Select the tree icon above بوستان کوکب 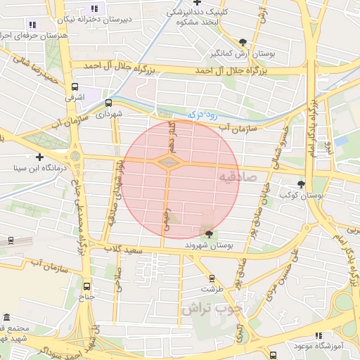point(302,184)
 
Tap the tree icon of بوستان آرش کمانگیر point(243,42)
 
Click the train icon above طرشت point(212,278)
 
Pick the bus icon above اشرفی point(75,87)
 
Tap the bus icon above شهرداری point(108,103)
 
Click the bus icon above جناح point(87,286)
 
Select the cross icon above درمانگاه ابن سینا point(39,157)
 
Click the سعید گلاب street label point(124,250)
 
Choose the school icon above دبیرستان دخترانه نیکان point(94,8)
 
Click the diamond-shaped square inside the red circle point(167,163)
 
